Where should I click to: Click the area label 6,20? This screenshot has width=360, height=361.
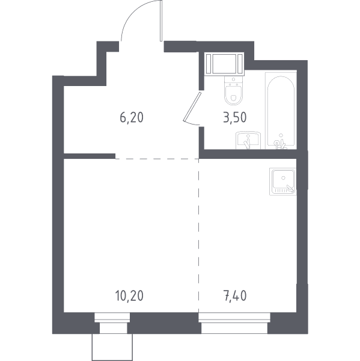132,117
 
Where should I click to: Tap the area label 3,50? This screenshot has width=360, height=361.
235,117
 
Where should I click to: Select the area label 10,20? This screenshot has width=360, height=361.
129,296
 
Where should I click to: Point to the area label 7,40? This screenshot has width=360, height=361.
235,296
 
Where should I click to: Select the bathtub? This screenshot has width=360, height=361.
281,111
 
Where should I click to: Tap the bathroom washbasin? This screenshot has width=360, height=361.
248,140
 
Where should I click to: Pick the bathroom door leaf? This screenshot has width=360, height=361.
192,106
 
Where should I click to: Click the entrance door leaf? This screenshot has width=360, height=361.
161,20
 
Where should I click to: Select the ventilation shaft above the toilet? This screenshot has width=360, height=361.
224,64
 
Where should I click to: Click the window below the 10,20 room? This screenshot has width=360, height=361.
112,317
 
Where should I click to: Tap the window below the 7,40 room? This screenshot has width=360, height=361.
234,317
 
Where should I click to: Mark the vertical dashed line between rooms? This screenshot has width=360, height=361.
199,235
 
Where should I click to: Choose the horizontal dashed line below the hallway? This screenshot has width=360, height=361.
157,159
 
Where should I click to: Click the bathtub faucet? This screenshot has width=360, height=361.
280,143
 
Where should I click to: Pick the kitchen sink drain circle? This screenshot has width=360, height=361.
283,177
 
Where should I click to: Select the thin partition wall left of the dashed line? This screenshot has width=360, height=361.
90,156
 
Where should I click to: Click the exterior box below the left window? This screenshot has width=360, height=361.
112,347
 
